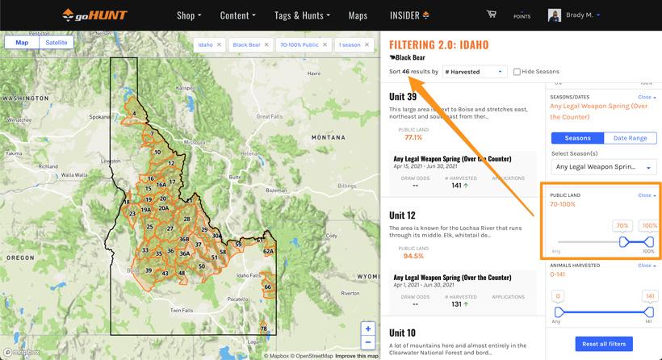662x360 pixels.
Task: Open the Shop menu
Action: click(x=189, y=15)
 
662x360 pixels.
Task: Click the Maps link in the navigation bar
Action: click(x=358, y=15)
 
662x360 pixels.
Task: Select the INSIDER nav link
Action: click(x=409, y=15)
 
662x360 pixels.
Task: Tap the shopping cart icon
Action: click(x=491, y=14)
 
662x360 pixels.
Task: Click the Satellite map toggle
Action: click(x=57, y=42)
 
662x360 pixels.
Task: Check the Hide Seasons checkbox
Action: click(x=517, y=72)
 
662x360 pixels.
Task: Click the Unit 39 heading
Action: click(x=403, y=97)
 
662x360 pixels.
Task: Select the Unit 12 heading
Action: click(x=403, y=216)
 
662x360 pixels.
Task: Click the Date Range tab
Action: click(x=630, y=138)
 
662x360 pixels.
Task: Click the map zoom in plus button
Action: click(x=368, y=329)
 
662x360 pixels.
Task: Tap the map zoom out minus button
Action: click(x=368, y=342)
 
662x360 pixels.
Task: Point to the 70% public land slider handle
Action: click(x=623, y=241)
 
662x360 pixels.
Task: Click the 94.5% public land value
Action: click(x=413, y=256)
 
